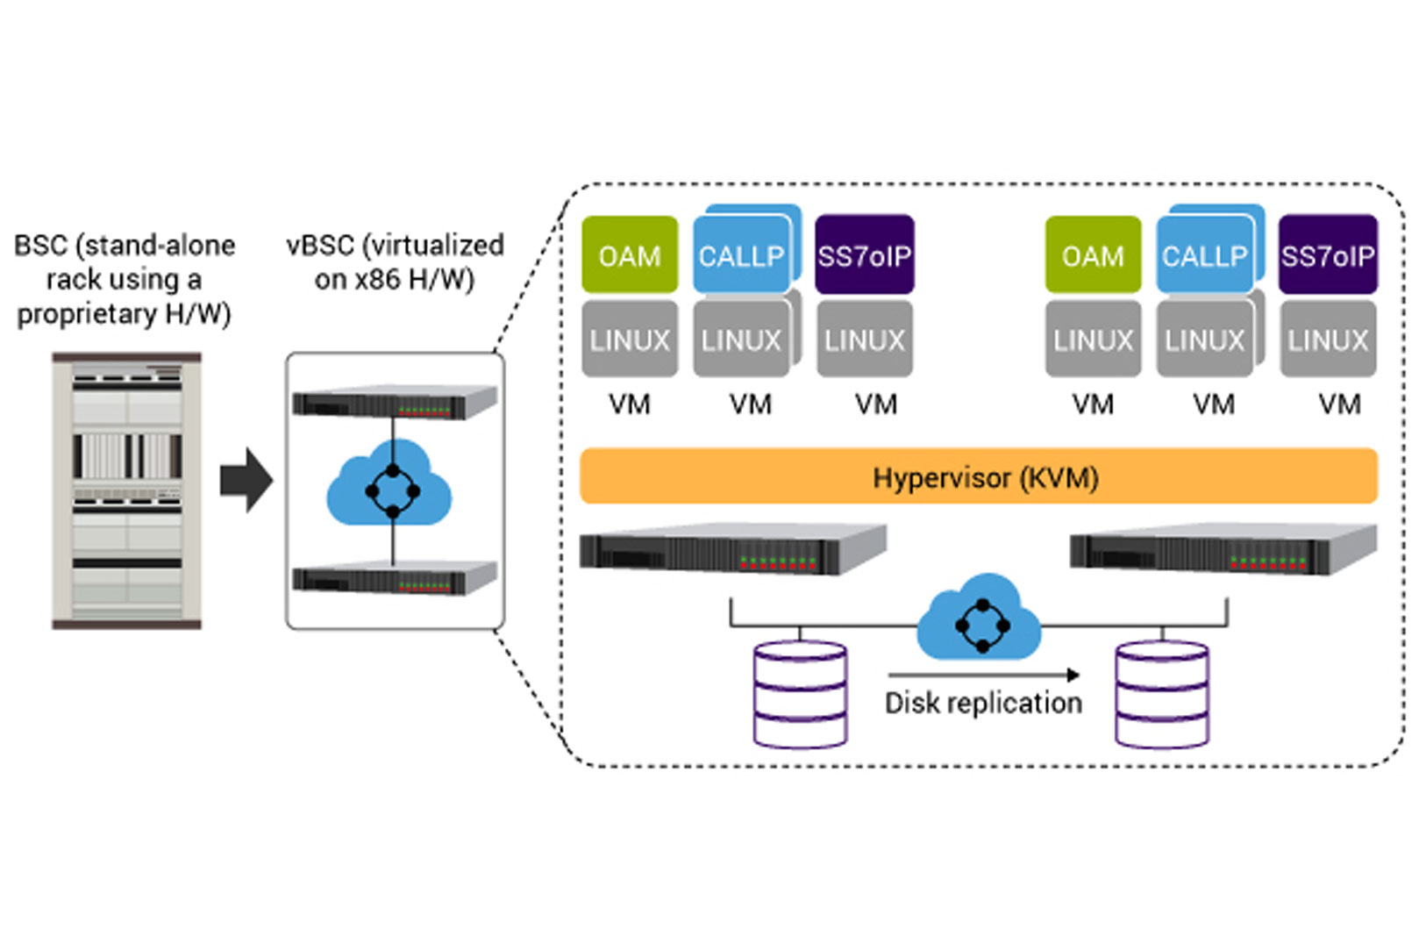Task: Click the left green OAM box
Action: tap(629, 254)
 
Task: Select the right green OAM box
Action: tap(1092, 254)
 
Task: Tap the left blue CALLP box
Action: tap(742, 254)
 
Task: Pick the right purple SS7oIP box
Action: tap(1327, 254)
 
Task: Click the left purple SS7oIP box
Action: tap(864, 254)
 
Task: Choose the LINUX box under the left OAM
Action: tap(629, 340)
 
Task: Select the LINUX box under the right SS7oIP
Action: tap(1327, 340)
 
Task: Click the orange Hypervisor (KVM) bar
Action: tap(978, 476)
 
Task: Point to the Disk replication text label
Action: tap(982, 703)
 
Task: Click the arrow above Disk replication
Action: tap(982, 675)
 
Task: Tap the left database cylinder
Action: tap(800, 695)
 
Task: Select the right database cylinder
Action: tap(1161, 695)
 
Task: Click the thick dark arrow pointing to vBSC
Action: tap(246, 480)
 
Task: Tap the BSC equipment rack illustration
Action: tap(127, 490)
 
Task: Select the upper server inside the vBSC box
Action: tap(394, 402)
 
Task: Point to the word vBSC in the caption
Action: tap(320, 245)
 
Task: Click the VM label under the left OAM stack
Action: tap(629, 404)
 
